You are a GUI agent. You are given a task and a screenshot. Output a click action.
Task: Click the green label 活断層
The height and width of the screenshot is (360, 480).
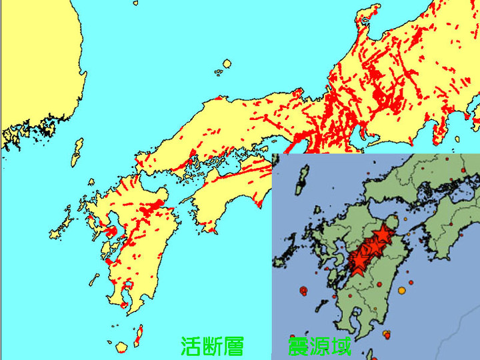coord(212,346)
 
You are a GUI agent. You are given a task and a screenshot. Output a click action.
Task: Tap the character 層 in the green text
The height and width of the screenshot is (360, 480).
coord(233,346)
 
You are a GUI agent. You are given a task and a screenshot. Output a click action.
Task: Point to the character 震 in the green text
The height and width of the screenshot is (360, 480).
coord(298,346)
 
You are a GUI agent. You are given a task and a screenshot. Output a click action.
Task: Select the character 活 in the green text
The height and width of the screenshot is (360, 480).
coord(191,346)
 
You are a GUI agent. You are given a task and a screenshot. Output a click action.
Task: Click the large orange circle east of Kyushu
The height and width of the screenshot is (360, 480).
coord(401,291)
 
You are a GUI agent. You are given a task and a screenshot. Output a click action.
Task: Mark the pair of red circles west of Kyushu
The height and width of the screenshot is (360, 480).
coord(304,291)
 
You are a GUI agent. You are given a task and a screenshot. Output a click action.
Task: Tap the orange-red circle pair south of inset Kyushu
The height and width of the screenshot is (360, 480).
coord(385,333)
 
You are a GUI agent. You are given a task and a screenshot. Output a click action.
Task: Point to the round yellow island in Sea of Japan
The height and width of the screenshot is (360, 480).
coord(227,64)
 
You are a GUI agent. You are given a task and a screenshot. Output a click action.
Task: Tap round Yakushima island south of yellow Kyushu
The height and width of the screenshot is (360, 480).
coord(121,348)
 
